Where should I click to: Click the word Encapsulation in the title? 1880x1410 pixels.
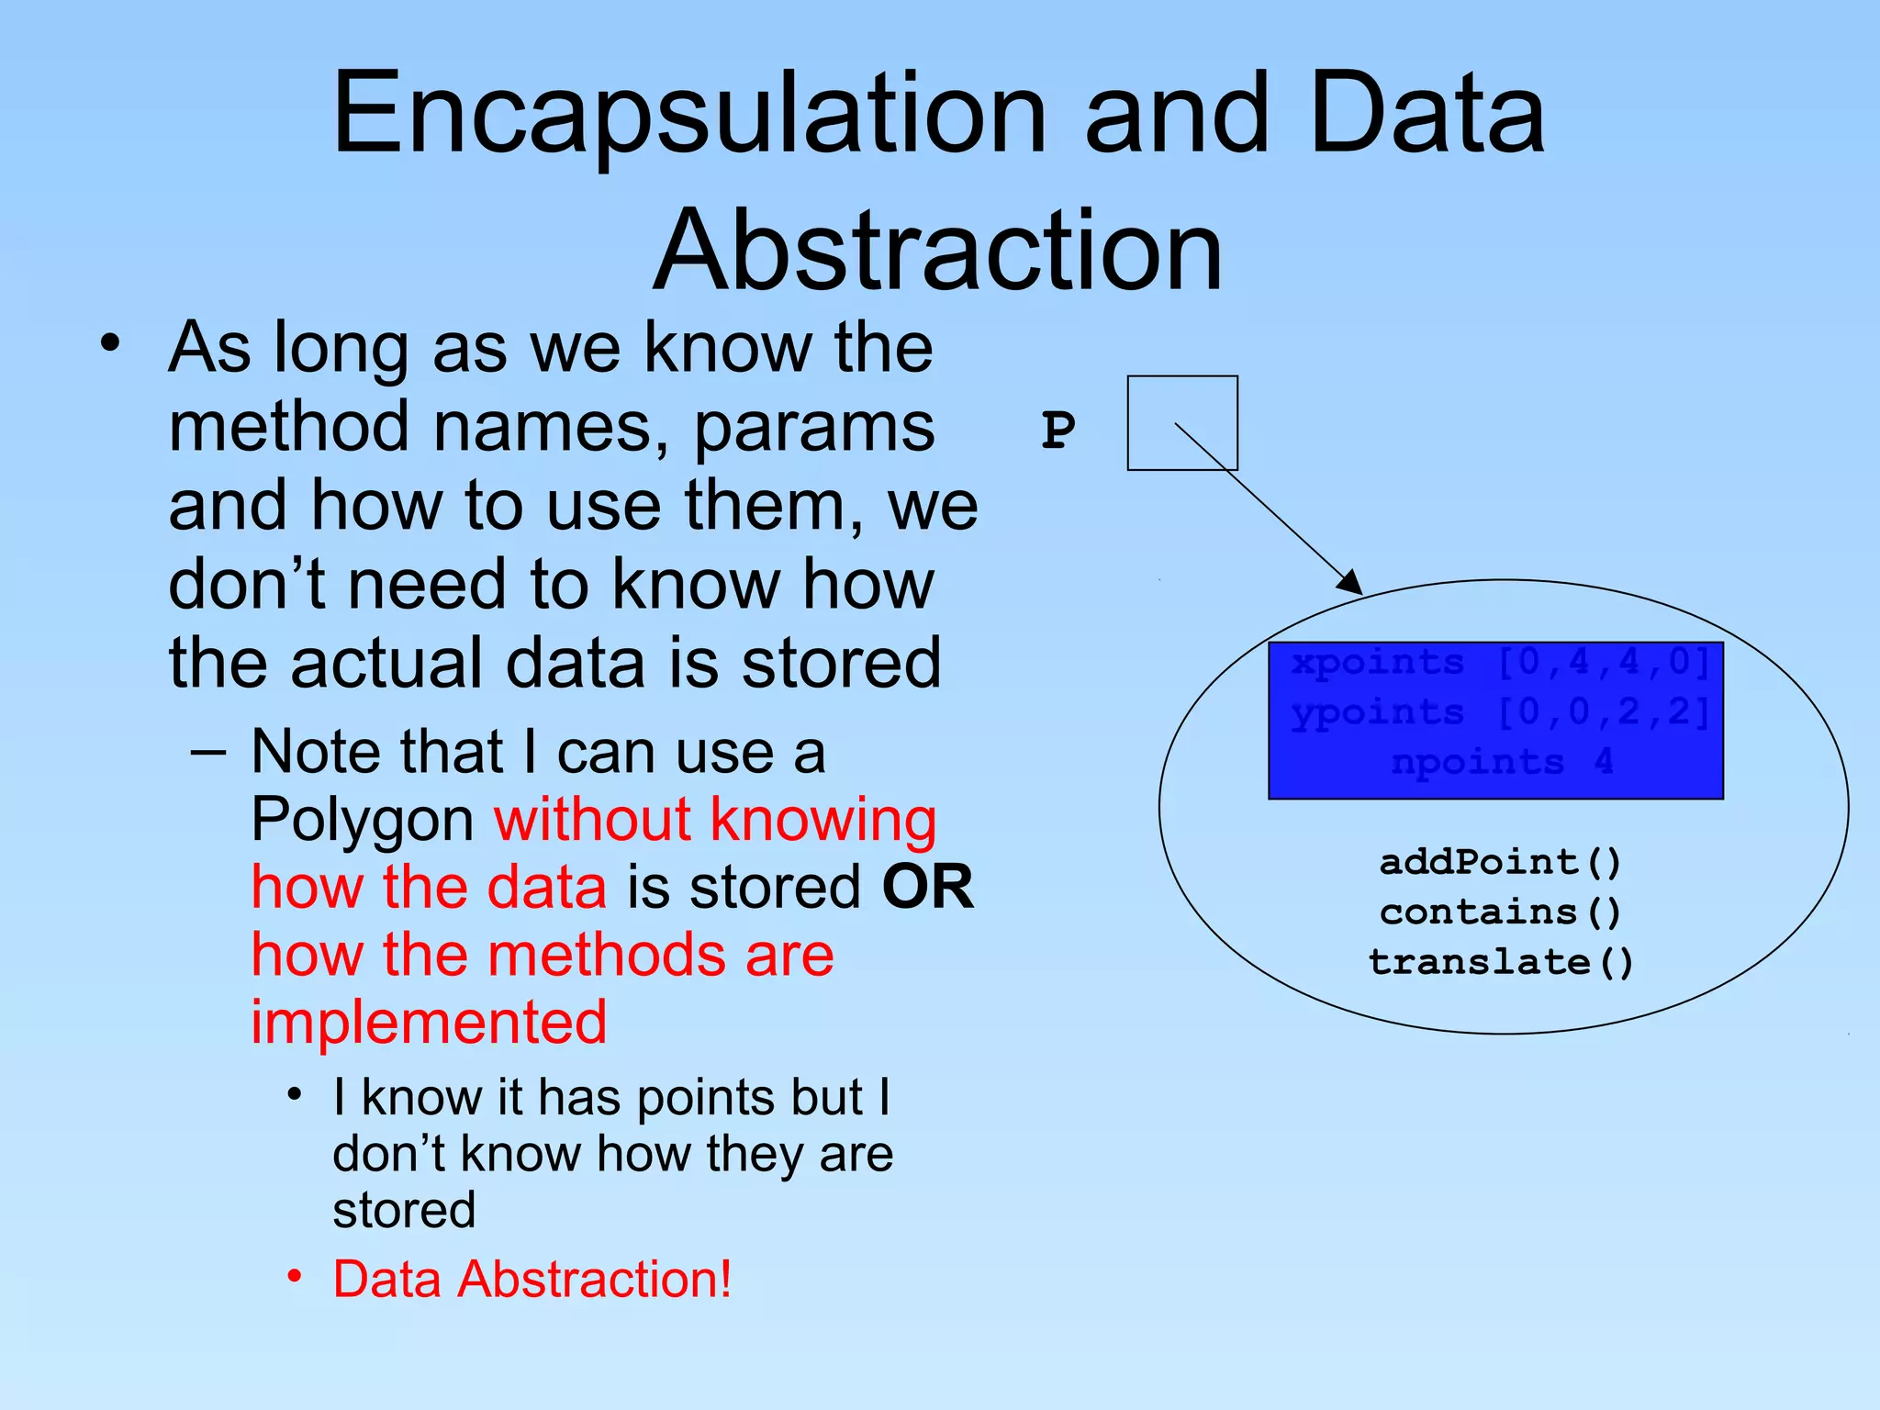(688, 115)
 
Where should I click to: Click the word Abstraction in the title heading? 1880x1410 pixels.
(938, 251)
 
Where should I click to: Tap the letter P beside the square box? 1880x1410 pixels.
(1057, 429)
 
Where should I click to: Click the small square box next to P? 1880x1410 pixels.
(1182, 423)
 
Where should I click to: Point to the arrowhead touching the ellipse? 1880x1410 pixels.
(1350, 583)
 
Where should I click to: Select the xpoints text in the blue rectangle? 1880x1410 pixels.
(1377, 662)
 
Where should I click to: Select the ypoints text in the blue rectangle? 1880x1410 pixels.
(1377, 712)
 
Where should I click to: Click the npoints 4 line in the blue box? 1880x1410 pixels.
(1500, 762)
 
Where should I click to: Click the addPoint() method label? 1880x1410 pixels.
(1500, 862)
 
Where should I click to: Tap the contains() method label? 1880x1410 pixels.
(1500, 912)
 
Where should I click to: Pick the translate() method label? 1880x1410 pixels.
(1500, 962)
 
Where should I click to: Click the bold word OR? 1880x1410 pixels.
(927, 887)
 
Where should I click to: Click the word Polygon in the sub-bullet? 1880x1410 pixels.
(363, 820)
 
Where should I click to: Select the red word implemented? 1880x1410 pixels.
(429, 1022)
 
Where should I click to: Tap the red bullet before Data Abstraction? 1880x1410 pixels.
(295, 1277)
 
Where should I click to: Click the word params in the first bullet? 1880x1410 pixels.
(813, 428)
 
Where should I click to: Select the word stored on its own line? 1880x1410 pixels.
(404, 1210)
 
